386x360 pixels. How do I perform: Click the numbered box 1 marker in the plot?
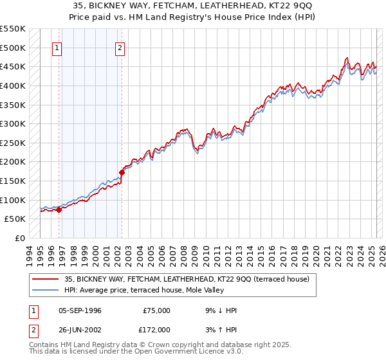tap(57, 47)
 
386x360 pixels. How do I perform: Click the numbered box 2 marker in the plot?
tap(120, 47)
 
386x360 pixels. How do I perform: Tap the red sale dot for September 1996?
tap(59, 209)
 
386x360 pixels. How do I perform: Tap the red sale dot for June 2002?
tap(122, 172)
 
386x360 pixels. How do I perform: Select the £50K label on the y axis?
tap(15, 219)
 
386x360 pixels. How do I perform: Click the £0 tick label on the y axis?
tap(20, 238)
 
